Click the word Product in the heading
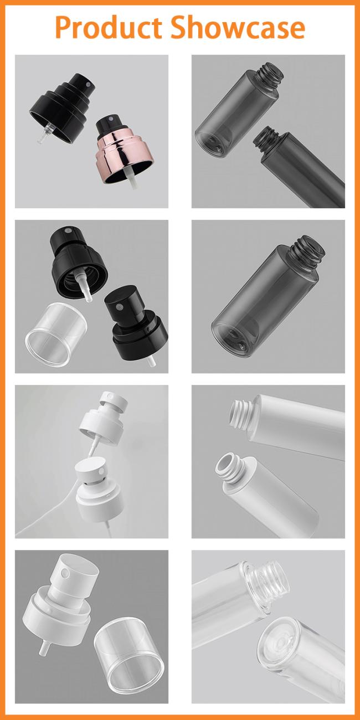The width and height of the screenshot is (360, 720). pos(109,28)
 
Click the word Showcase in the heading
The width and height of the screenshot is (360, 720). pos(237,28)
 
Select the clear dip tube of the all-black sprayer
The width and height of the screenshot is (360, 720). pos(44,132)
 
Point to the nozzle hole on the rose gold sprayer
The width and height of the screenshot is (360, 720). pos(110,119)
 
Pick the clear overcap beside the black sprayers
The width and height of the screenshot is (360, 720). pos(56,335)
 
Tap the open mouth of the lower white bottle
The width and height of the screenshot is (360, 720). pos(225,465)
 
